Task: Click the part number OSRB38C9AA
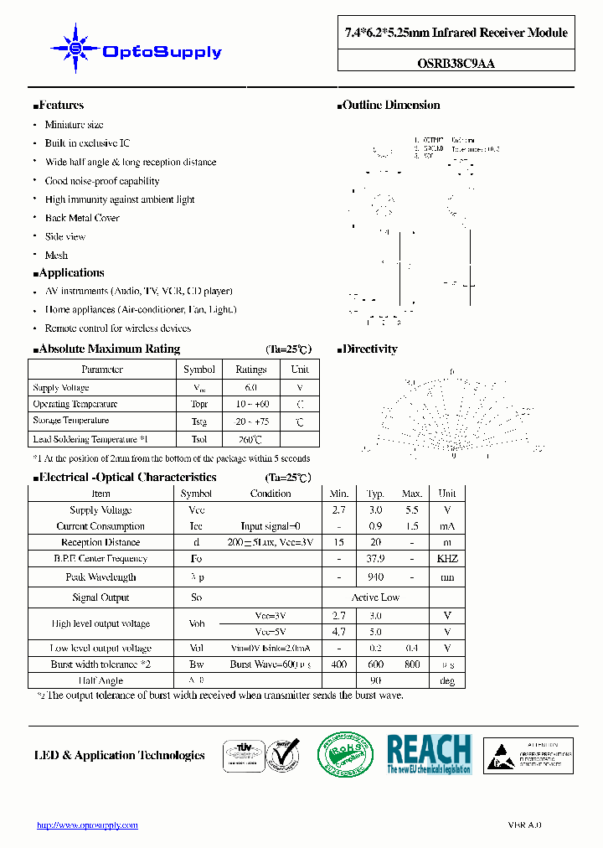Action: click(x=456, y=61)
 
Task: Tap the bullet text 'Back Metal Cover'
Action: click(x=82, y=218)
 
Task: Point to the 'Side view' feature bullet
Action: click(x=65, y=236)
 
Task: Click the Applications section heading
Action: click(x=70, y=273)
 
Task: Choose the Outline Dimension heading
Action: click(x=390, y=106)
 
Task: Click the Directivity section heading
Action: click(x=369, y=349)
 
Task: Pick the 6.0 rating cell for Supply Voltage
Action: click(x=250, y=388)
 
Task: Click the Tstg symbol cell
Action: click(x=199, y=421)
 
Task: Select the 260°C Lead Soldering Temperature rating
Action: click(x=250, y=439)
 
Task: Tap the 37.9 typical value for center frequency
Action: click(x=376, y=559)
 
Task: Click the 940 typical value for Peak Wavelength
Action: click(x=376, y=577)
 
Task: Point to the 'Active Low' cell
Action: click(x=376, y=597)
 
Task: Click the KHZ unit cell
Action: click(x=447, y=559)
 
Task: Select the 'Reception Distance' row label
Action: click(x=100, y=543)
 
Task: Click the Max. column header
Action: click(x=412, y=494)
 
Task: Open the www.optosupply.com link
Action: click(x=87, y=825)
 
